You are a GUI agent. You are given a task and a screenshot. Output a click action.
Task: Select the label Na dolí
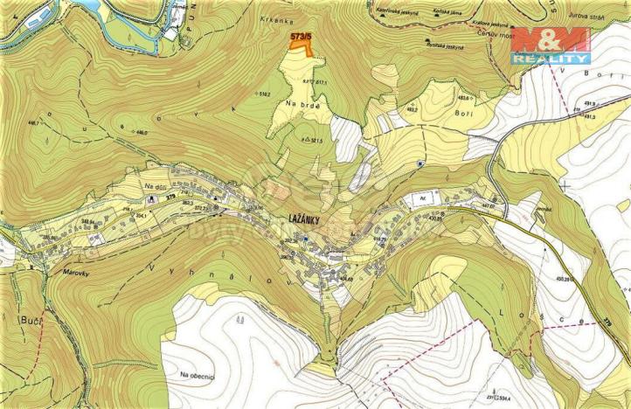[x=156, y=185]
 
